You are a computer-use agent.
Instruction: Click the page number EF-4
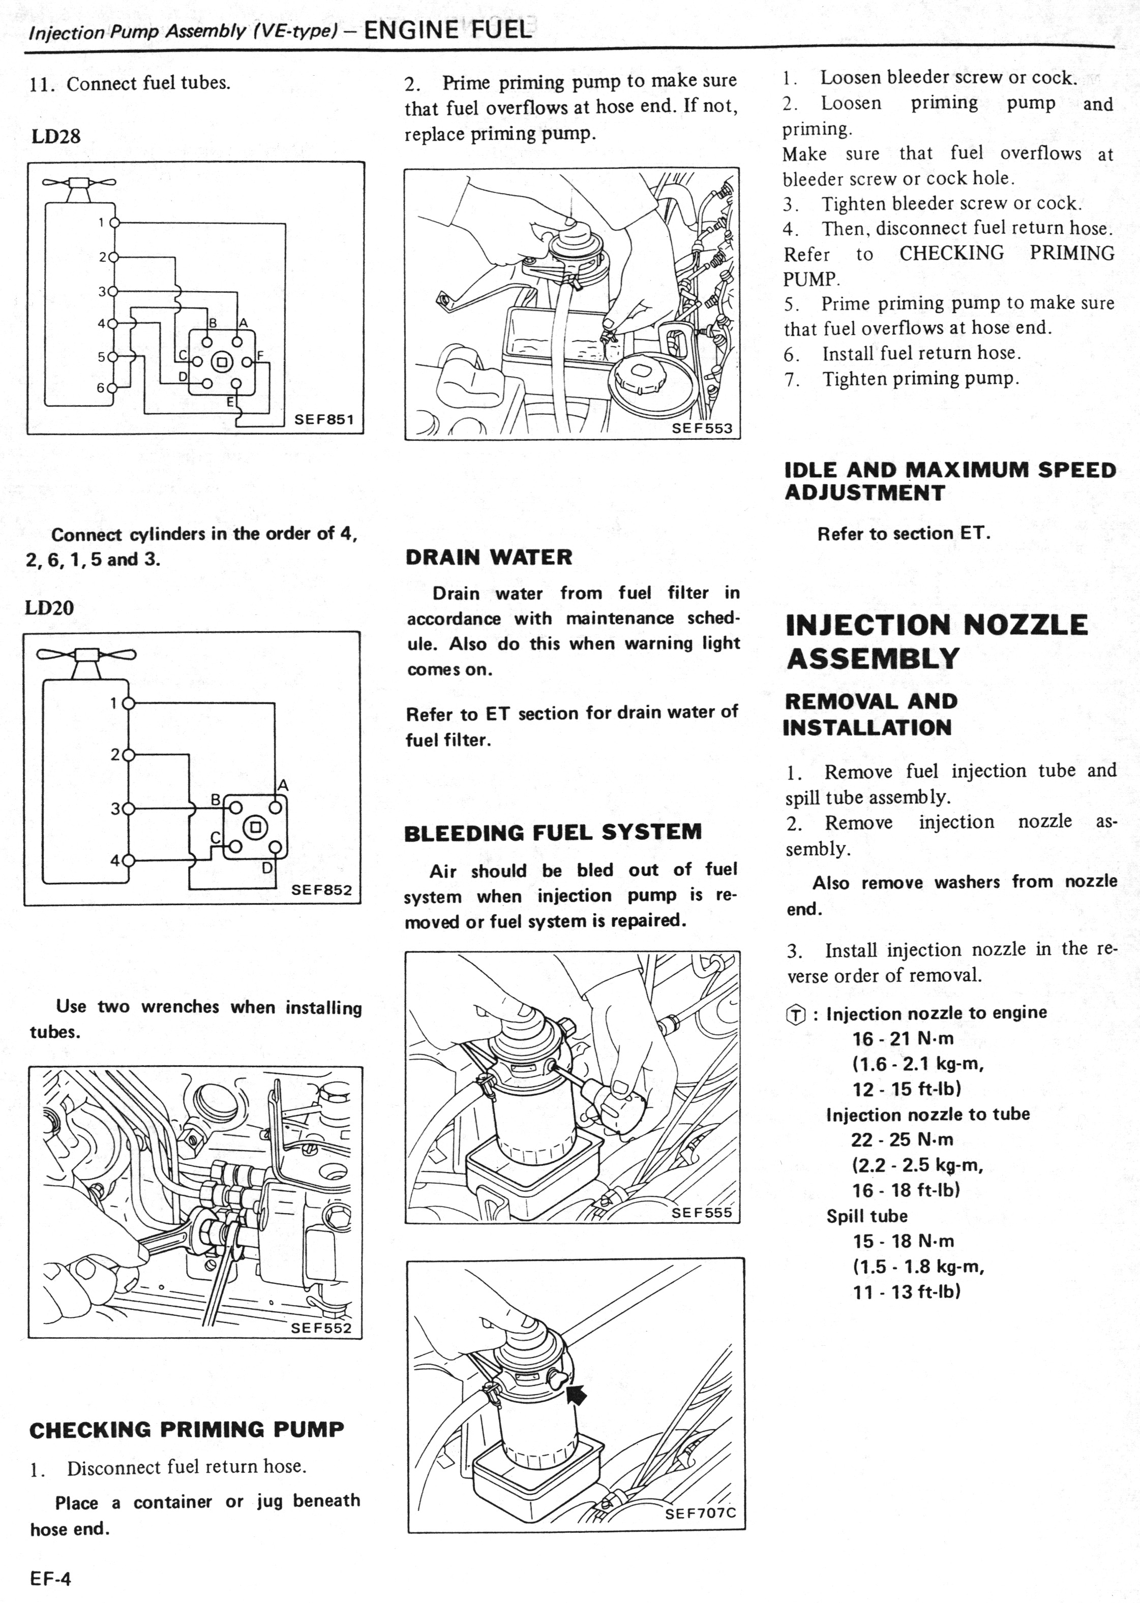[50, 1579]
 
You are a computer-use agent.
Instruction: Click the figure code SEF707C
[700, 1513]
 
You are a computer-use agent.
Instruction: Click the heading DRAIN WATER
[489, 557]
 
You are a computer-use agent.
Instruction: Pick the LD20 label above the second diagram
[50, 607]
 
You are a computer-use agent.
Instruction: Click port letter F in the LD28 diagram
[260, 355]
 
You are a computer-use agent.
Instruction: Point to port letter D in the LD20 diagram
[267, 868]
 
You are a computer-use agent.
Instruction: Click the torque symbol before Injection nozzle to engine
[795, 1014]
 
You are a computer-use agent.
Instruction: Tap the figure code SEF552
[321, 1328]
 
